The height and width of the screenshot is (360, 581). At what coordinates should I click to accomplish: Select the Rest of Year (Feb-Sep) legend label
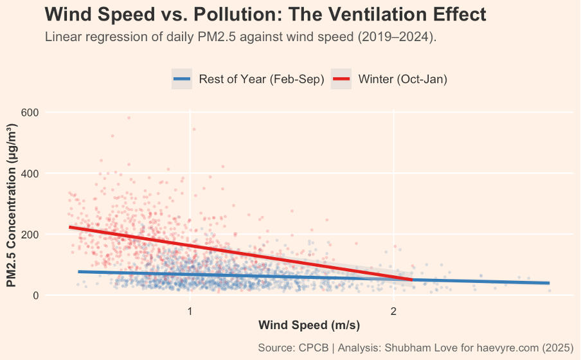[x=261, y=79]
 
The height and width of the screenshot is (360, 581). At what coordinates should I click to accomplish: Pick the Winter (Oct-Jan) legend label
[x=402, y=79]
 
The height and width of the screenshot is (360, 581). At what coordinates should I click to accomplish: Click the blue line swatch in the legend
[x=183, y=79]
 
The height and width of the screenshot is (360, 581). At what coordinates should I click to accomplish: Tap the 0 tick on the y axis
[x=36, y=296]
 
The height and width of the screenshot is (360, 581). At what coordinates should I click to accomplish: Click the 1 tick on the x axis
[x=190, y=311]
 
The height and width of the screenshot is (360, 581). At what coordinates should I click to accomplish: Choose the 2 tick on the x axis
[x=393, y=311]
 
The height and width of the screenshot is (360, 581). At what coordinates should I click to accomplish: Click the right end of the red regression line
[x=411, y=280]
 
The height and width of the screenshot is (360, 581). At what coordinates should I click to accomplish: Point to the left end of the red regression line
[x=70, y=227]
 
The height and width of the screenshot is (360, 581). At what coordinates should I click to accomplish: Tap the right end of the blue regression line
[x=549, y=283]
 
